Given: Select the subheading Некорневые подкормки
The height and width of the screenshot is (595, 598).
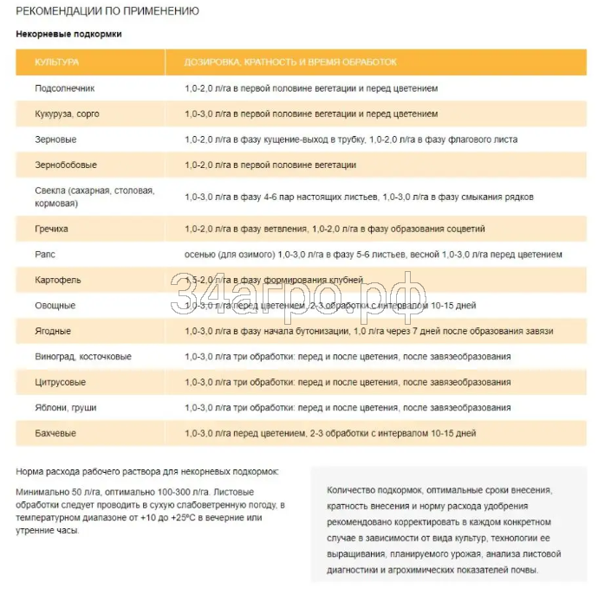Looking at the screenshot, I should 69,34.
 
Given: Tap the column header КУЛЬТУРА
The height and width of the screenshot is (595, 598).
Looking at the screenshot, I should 57,62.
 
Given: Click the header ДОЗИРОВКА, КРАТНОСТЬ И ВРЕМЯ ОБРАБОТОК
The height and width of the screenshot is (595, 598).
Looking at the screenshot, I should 290,62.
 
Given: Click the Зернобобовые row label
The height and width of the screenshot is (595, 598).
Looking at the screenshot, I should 66,165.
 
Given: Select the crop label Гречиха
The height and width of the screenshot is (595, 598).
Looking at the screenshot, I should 52,229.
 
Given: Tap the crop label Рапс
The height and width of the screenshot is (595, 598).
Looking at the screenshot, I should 45,255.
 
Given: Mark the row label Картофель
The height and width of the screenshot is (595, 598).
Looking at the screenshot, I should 57,280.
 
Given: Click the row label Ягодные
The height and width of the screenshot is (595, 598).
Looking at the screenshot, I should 54,331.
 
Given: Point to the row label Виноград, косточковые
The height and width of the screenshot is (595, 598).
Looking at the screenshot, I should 83,356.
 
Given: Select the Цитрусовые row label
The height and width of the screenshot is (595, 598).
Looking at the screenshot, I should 61,382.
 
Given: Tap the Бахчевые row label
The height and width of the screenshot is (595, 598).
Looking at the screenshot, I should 55,432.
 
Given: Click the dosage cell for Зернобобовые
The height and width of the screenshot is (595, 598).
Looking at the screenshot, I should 270,165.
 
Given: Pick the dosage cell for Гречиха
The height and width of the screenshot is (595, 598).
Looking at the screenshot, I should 335,229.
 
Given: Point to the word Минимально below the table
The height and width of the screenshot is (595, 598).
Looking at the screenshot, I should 41,491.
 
